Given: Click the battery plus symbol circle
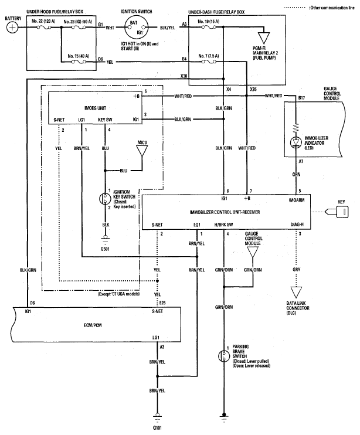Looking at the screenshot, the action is (x=12, y=28).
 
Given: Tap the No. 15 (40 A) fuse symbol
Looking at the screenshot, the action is (x=79, y=62).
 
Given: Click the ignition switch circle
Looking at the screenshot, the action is (x=136, y=27).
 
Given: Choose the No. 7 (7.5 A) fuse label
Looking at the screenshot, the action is (x=208, y=56).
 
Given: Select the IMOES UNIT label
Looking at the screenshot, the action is (x=95, y=108).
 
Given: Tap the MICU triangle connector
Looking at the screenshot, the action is (x=142, y=151).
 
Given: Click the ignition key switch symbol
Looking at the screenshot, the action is (x=105, y=199).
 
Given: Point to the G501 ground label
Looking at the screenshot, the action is (x=105, y=249).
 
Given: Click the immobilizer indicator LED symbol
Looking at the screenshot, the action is (x=296, y=142).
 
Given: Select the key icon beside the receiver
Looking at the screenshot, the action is (x=338, y=212).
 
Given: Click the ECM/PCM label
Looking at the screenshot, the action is (x=93, y=325).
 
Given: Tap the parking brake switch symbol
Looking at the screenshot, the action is (x=223, y=356).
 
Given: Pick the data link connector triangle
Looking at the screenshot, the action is (x=296, y=293).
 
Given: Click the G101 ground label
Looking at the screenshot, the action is (x=157, y=428).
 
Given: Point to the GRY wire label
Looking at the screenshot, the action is (x=296, y=269).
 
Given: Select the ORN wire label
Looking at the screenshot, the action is (x=296, y=174).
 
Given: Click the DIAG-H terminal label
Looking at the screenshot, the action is (x=297, y=224).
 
